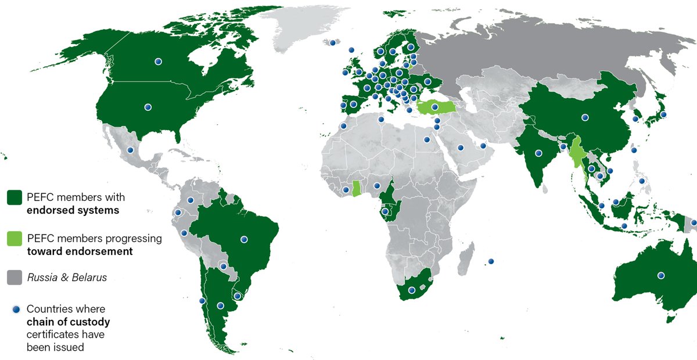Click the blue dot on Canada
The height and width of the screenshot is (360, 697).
[x=158, y=61]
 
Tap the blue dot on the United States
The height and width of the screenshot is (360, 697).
[x=148, y=107]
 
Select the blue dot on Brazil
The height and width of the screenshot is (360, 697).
[x=245, y=239]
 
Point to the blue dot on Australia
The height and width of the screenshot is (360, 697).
[x=660, y=275]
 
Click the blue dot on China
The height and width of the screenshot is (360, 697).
[x=585, y=117]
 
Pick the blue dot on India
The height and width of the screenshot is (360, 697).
[x=538, y=153]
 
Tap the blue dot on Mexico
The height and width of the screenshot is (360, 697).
[x=130, y=150]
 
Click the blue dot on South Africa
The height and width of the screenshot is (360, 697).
[x=412, y=290]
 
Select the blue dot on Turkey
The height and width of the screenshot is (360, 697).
[x=434, y=106]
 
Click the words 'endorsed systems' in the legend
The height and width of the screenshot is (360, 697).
[x=73, y=210]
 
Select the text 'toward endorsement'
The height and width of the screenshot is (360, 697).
[x=80, y=251]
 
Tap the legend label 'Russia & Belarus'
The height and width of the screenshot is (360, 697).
[x=67, y=278]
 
